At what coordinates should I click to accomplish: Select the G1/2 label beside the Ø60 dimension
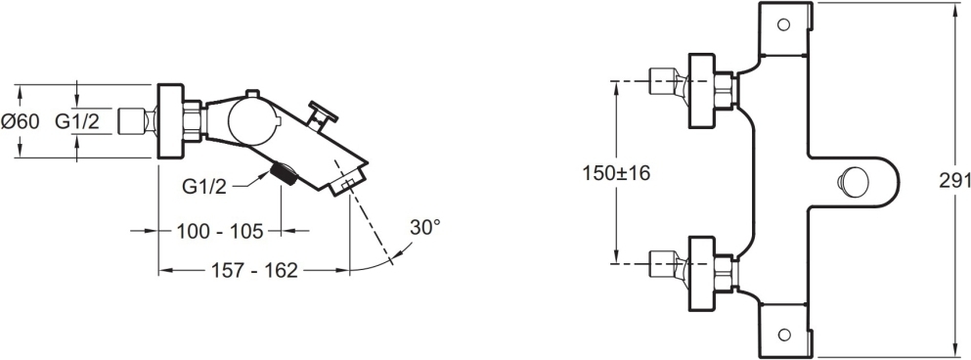pos(77,121)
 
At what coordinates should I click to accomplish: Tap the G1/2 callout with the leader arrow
pos(204,187)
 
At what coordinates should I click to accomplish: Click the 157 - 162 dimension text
pos(254,270)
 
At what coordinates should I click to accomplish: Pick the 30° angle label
pos(424,228)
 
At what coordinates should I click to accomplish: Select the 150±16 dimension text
pos(616,173)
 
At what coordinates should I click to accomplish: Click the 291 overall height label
pos(955,180)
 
